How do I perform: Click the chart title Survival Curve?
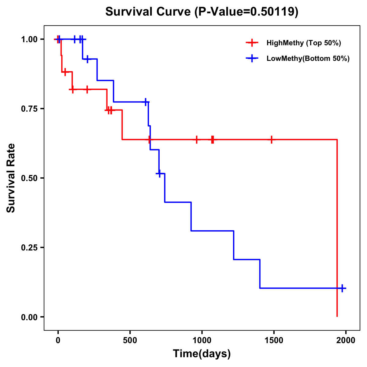point(148,12)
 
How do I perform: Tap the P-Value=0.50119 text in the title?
point(246,12)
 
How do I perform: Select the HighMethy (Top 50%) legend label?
point(303,43)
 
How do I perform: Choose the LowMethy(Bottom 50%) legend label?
point(308,58)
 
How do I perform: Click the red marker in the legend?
point(252,43)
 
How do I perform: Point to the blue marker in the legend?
point(252,58)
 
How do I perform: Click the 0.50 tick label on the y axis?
point(29,178)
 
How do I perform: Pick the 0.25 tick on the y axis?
point(29,247)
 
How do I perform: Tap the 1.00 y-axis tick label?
point(29,39)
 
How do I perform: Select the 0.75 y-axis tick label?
point(29,109)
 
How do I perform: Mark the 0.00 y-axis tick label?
point(29,317)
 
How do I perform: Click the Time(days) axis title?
point(202,354)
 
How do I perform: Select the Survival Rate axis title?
point(11,178)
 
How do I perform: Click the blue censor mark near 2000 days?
point(342,288)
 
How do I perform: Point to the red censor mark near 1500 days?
point(271,139)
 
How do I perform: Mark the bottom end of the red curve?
point(337,316)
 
